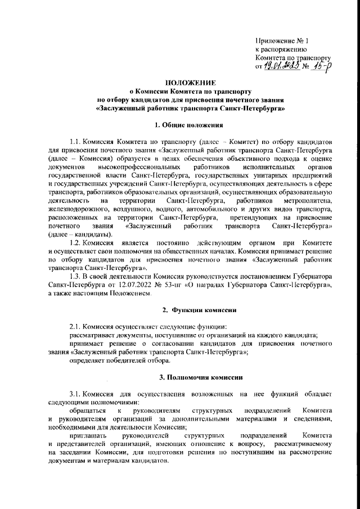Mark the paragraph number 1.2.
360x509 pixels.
click(74, 241)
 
